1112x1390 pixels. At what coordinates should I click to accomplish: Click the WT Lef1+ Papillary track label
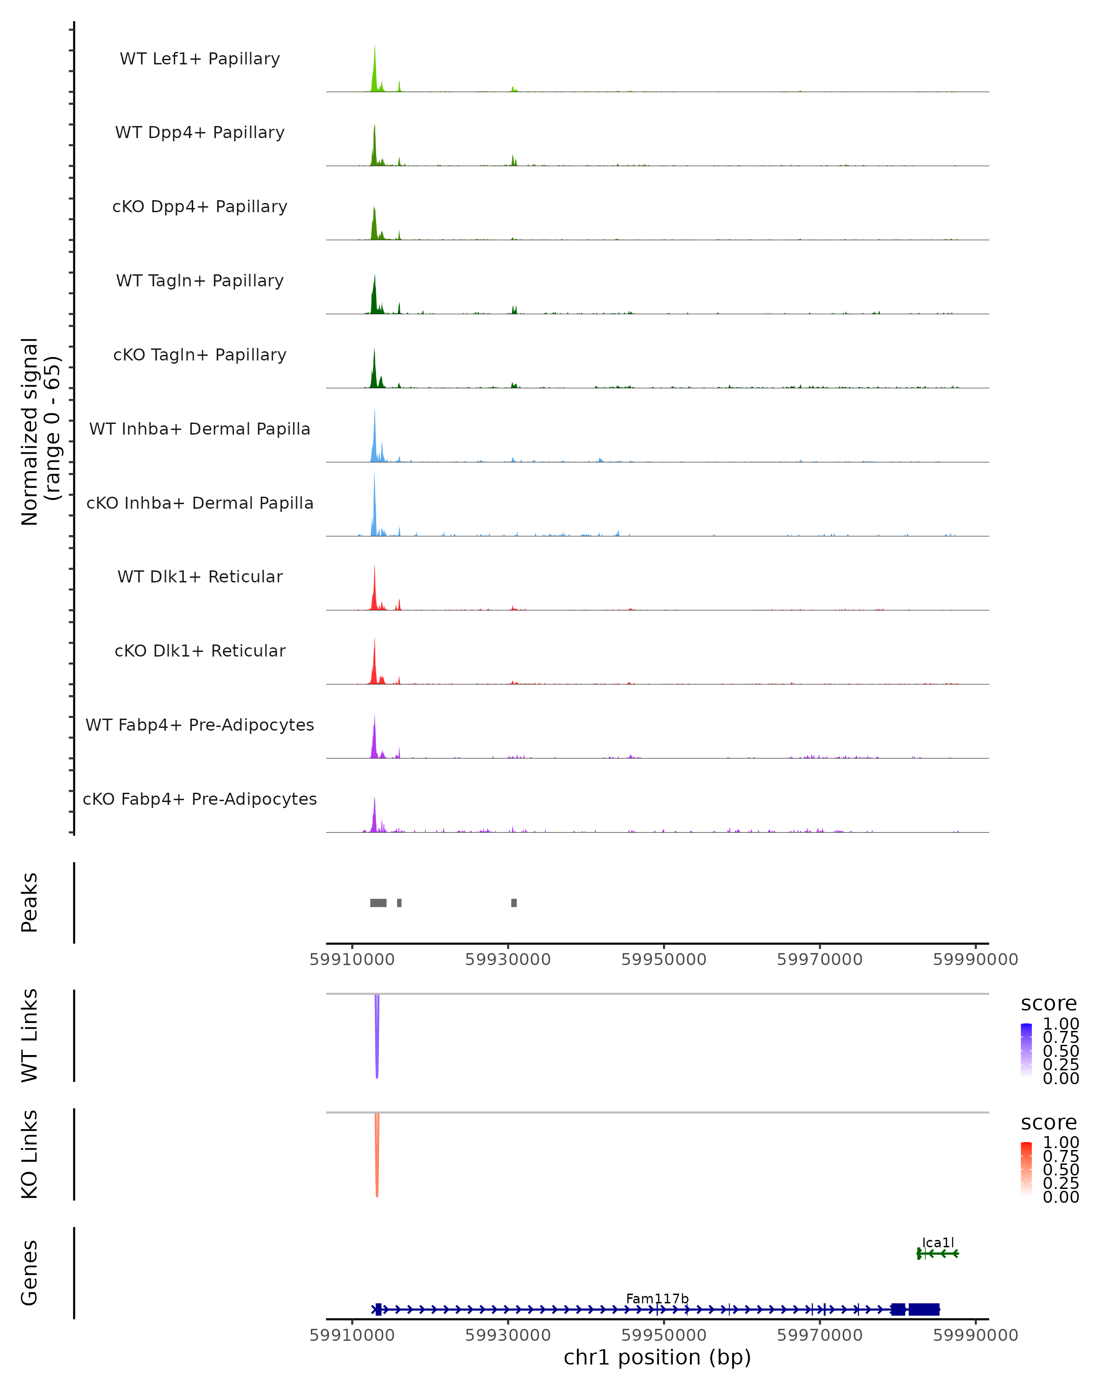point(200,59)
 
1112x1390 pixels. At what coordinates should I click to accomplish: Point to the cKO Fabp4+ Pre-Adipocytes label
point(200,799)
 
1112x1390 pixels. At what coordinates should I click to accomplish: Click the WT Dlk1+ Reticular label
point(200,576)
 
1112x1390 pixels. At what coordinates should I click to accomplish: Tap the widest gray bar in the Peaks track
point(379,903)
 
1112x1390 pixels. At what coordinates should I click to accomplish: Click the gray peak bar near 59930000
point(514,903)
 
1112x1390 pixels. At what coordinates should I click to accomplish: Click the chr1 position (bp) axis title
point(657,1358)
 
